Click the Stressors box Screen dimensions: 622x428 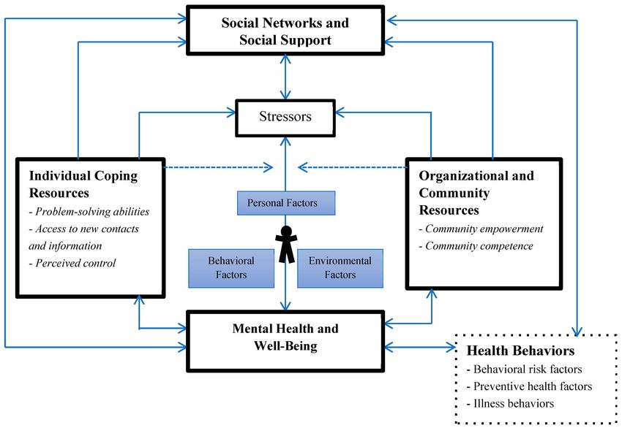285,118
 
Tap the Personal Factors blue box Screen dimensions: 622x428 286,203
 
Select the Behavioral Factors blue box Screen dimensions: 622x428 231,268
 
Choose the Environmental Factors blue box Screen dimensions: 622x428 340,268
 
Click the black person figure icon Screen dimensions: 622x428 286,244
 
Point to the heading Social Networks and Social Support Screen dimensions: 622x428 285,31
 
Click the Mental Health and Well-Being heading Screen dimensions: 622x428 285,337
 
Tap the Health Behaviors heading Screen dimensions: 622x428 520,351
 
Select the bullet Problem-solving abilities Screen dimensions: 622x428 89,211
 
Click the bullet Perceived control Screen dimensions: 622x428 72,263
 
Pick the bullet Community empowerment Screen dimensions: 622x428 482,229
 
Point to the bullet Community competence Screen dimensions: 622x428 476,246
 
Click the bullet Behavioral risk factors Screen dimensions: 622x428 525,369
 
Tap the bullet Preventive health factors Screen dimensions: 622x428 530,386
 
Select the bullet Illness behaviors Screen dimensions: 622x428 511,403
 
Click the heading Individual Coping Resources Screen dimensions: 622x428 83,184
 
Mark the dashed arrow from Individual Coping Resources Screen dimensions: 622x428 219,167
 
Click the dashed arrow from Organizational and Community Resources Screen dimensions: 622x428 353,167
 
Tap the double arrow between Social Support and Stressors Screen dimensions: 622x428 285,77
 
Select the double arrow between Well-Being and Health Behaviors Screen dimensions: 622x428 420,347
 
